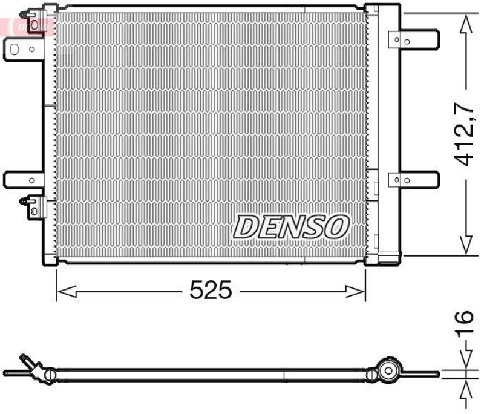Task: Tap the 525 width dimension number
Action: point(211,291)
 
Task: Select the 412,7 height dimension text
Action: point(465,135)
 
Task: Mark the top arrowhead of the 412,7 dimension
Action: point(465,24)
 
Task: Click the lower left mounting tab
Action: point(23,179)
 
